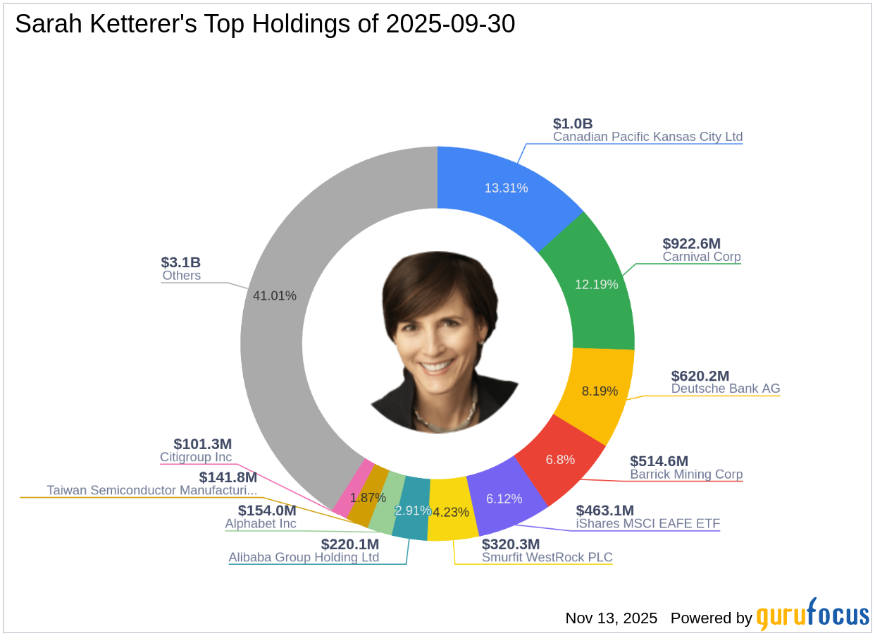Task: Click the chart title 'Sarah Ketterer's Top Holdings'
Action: (x=265, y=25)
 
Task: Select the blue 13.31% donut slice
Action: (x=506, y=188)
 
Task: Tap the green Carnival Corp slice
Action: (x=596, y=284)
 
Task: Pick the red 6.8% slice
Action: (x=560, y=459)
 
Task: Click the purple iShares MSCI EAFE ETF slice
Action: (x=504, y=499)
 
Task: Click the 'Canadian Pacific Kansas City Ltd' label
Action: (x=647, y=137)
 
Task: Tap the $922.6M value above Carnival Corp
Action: (x=691, y=244)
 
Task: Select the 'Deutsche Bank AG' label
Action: (x=725, y=389)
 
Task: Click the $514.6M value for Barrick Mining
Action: (x=659, y=461)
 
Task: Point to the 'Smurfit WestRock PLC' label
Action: (x=547, y=558)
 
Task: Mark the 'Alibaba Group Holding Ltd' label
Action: (x=304, y=558)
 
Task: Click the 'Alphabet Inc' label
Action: (x=261, y=524)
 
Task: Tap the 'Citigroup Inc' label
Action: (x=196, y=458)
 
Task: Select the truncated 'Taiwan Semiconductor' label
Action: (x=151, y=490)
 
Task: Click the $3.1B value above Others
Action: (x=180, y=263)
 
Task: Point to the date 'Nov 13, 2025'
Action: (x=611, y=618)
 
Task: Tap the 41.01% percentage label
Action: (x=275, y=295)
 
